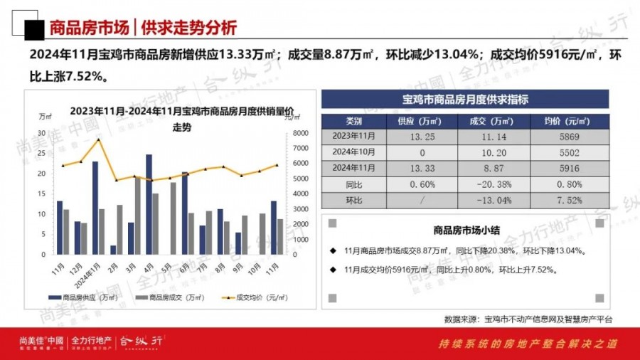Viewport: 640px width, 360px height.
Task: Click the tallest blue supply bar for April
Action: (149, 204)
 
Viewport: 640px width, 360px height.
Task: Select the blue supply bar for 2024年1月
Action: (95, 208)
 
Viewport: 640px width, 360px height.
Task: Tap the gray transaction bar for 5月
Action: (173, 218)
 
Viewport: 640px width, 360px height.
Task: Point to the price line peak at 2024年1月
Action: (100, 139)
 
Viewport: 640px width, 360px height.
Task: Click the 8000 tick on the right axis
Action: (300, 133)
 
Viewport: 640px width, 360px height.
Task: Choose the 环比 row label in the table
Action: (354, 201)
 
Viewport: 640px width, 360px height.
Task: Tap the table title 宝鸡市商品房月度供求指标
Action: (466, 99)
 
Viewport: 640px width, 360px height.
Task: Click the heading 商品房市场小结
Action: (466, 231)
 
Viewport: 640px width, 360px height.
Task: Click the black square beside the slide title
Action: (32, 29)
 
